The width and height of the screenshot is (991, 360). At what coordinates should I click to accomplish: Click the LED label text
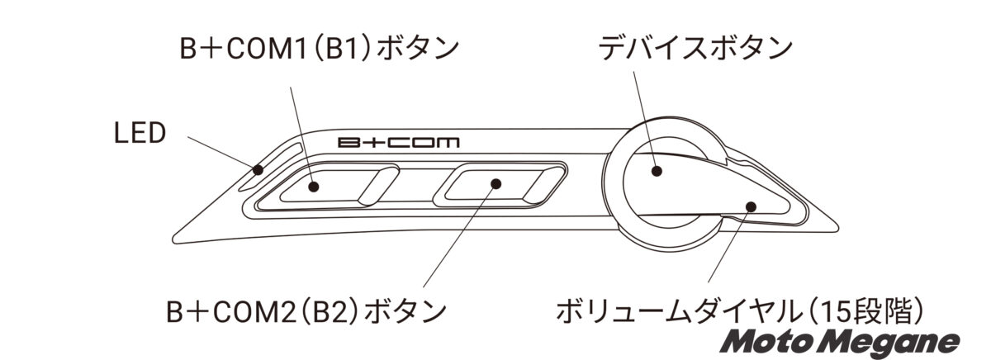(140, 132)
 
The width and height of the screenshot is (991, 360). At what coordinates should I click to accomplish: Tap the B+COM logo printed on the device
(400, 141)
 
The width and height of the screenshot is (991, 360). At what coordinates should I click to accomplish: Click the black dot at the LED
(258, 171)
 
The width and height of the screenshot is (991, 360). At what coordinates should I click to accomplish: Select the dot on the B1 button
(315, 186)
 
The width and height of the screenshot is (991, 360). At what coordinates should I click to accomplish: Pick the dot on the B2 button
(495, 183)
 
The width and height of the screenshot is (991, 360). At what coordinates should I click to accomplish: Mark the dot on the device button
(657, 171)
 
